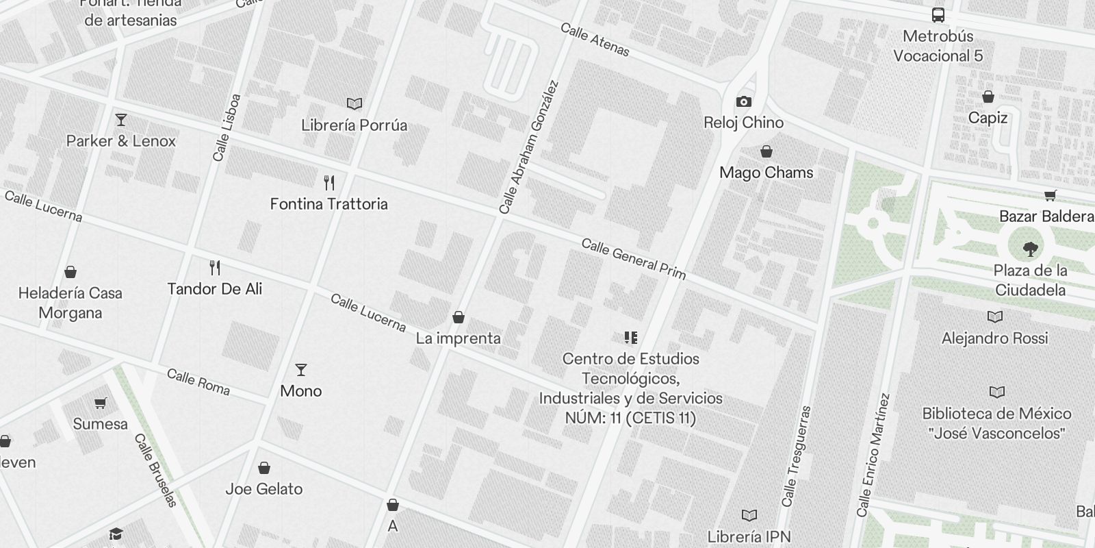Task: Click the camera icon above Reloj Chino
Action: (743, 102)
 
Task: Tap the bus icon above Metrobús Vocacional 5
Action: (938, 14)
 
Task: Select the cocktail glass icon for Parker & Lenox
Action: (121, 120)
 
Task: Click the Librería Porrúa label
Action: (354, 125)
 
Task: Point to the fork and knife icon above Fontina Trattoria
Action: (329, 182)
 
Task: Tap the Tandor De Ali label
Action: (214, 288)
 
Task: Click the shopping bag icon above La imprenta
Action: (459, 317)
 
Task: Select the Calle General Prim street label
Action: (633, 258)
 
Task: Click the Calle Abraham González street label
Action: (529, 147)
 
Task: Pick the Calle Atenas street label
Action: (594, 39)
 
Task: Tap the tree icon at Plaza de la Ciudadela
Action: (1030, 248)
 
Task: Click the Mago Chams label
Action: (766, 173)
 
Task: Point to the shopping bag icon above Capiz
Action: (988, 97)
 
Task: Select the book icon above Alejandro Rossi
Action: (994, 316)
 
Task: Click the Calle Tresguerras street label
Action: (797, 456)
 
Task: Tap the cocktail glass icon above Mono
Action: (300, 370)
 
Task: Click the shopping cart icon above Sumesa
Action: (101, 403)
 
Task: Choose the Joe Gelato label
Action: (263, 489)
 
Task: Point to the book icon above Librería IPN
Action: (749, 515)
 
